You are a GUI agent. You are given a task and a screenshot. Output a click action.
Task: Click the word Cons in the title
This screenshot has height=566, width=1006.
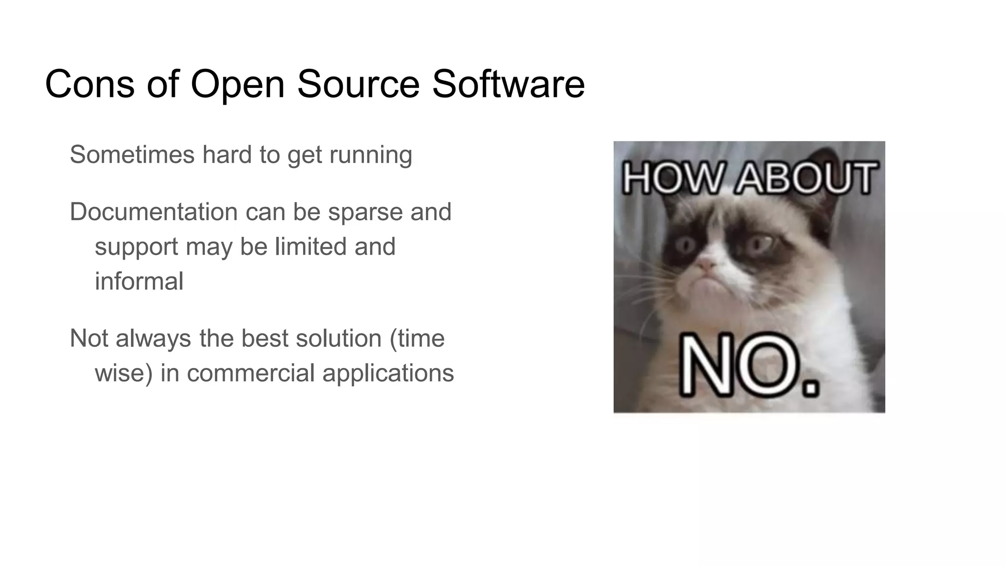click(x=89, y=84)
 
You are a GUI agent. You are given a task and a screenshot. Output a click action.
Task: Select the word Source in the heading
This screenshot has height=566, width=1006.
click(x=358, y=84)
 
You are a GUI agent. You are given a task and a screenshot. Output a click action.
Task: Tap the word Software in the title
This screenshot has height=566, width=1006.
click(x=508, y=84)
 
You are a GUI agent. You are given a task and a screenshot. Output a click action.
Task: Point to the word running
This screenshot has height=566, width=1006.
click(x=370, y=155)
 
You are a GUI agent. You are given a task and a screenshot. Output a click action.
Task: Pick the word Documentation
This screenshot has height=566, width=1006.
click(x=154, y=212)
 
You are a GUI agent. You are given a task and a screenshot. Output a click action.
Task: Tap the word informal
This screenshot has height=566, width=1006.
click(x=139, y=281)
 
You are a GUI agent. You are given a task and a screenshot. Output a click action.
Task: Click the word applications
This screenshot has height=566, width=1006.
click(x=388, y=373)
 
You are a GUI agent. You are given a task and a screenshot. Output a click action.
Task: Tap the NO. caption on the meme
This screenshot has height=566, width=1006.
click(x=749, y=365)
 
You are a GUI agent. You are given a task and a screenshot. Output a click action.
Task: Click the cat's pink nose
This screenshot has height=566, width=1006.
click(x=706, y=265)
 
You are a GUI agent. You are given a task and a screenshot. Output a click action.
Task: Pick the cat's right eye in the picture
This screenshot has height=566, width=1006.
click(x=759, y=243)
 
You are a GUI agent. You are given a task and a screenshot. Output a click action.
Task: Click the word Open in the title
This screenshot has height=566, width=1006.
click(x=238, y=85)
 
